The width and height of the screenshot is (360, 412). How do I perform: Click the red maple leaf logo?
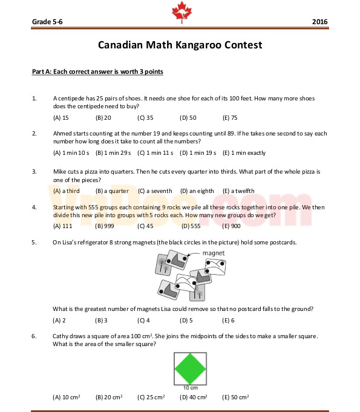tap(180, 11)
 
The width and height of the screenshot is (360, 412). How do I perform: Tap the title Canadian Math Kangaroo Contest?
tap(180, 45)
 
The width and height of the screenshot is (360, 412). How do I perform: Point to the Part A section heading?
tap(97, 71)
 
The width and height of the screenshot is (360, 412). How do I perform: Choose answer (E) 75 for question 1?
tap(230, 117)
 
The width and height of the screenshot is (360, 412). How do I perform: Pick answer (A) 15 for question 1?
tap(61, 117)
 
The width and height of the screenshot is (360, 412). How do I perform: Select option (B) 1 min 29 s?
tap(113, 153)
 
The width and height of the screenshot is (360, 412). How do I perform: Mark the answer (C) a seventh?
tap(155, 191)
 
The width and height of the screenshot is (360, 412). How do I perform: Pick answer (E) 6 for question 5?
tap(228, 320)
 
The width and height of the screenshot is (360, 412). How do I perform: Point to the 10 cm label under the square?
tap(191, 387)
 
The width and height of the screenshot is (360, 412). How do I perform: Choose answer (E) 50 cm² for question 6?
tap(235, 397)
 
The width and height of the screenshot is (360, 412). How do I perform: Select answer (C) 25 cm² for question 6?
tap(151, 397)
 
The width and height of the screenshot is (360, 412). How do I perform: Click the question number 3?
tap(34, 171)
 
